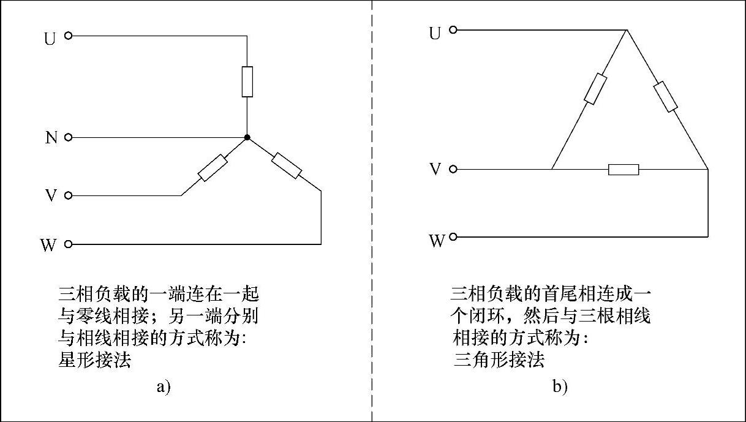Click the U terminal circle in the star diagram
[x=68, y=36]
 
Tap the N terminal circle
[x=68, y=137]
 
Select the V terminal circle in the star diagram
[x=68, y=196]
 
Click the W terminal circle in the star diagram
[x=68, y=244]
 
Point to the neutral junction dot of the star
[x=247, y=138]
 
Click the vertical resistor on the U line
[x=247, y=81]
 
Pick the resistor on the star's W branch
[x=287, y=165]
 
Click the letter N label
[x=51, y=138]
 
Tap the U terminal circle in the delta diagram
[x=453, y=29]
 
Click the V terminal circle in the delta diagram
[x=453, y=169]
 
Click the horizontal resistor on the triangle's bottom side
[x=624, y=169]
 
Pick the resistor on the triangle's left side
[x=595, y=89]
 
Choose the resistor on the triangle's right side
[x=665, y=96]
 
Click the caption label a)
[x=163, y=386]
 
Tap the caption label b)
[x=560, y=387]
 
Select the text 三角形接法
[x=499, y=360]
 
